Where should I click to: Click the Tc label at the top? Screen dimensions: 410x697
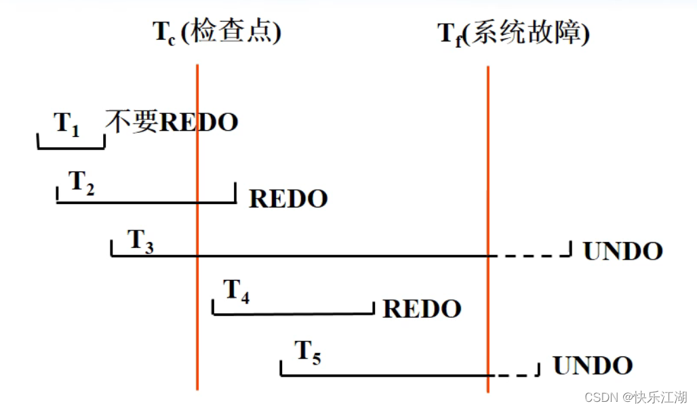pos(164,33)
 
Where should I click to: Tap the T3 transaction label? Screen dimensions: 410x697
pos(140,241)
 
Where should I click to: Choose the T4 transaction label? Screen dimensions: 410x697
pos(237,291)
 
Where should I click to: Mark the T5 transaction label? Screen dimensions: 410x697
pos(308,352)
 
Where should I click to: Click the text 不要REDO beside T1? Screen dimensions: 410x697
pos(172,122)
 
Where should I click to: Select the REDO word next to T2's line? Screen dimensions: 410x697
pos(288,199)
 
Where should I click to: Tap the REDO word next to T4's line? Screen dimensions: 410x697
pos(422,309)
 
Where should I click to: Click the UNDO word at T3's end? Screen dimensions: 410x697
pos(622,251)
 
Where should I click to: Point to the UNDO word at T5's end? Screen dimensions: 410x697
pos(593,366)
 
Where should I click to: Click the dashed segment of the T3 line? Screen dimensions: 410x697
pos(529,255)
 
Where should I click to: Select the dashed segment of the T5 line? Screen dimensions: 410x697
pos(513,375)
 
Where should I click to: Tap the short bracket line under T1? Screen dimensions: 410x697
pos(71,146)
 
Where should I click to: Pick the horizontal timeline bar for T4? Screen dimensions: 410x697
pos(293,314)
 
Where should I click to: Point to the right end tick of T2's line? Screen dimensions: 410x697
pos(235,192)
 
